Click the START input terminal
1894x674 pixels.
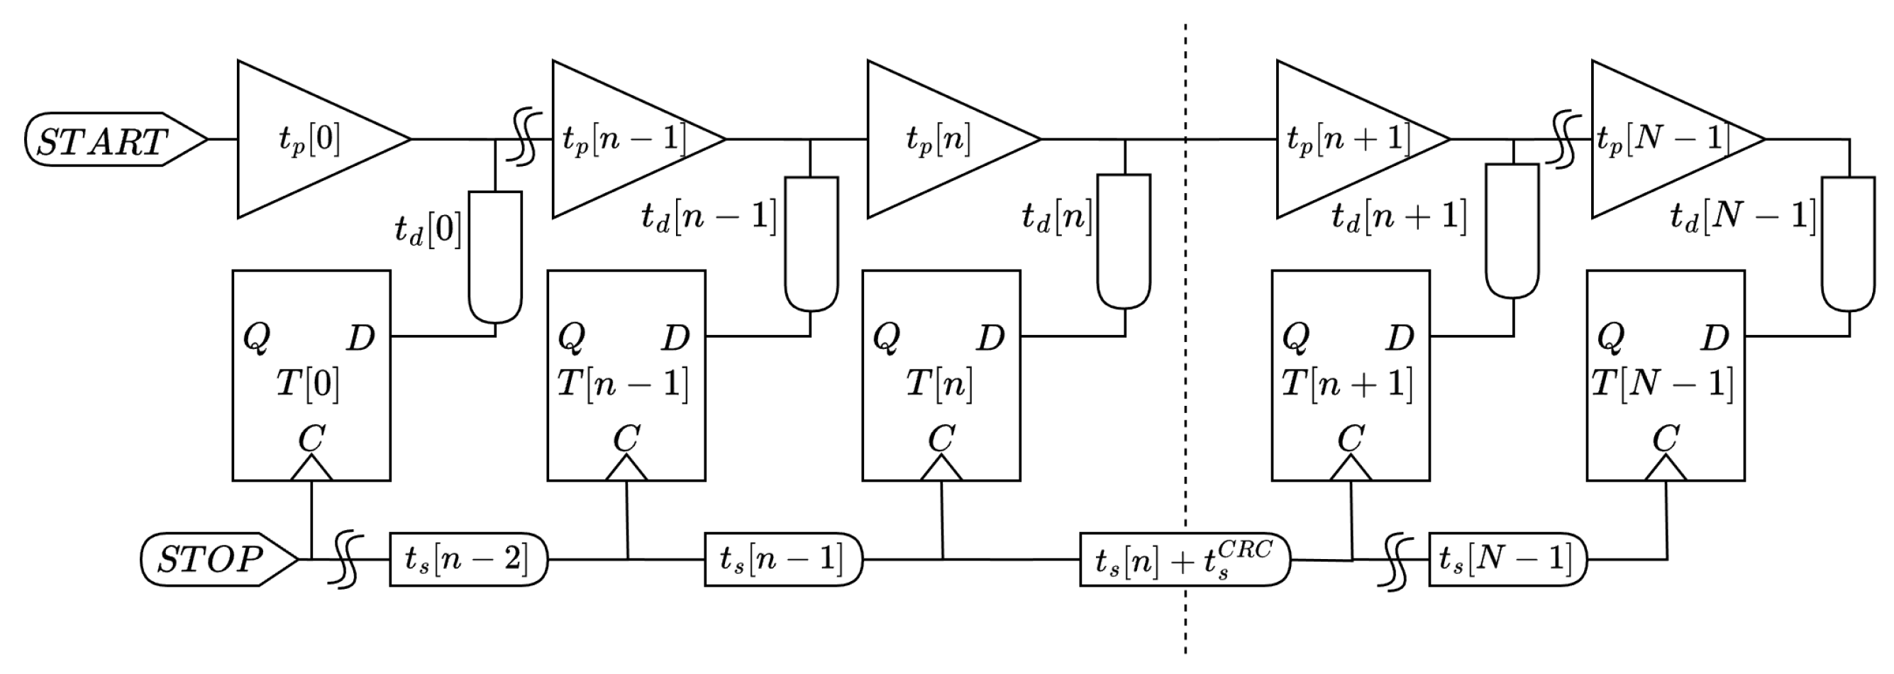pyautogui.click(x=114, y=140)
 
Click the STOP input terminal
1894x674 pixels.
pyautogui.click(x=218, y=560)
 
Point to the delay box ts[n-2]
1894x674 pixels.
pyautogui.click(x=468, y=560)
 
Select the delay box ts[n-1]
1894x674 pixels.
pyautogui.click(x=782, y=560)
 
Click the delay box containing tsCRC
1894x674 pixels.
pyautogui.click(x=1185, y=560)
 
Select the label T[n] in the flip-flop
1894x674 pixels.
pyautogui.click(x=939, y=383)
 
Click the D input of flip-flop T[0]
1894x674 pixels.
pyautogui.click(x=360, y=338)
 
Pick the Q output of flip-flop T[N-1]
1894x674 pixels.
pyautogui.click(x=1610, y=338)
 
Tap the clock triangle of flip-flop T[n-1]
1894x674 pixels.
pyautogui.click(x=626, y=469)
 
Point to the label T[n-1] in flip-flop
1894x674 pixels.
pyautogui.click(x=624, y=383)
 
